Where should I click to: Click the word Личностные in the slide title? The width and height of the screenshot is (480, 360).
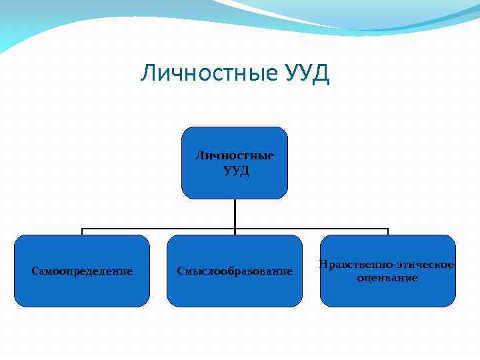207,73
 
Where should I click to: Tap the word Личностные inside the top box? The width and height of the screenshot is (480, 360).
235,155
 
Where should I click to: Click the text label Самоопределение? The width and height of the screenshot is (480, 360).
82,271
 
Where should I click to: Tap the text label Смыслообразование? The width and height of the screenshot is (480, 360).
235,271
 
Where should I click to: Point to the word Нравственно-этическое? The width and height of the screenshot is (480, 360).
387,265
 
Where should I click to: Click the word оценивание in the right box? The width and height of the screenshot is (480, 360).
387,277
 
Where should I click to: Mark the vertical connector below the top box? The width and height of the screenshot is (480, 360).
235,213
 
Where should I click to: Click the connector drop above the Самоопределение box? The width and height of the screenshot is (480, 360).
82,231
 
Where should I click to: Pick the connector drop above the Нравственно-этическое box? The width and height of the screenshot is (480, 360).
387,231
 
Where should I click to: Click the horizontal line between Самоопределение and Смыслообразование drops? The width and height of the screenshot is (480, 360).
158,228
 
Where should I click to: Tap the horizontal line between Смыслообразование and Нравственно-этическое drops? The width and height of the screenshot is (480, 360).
311,228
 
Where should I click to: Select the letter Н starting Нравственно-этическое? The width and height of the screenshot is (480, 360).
323,265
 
